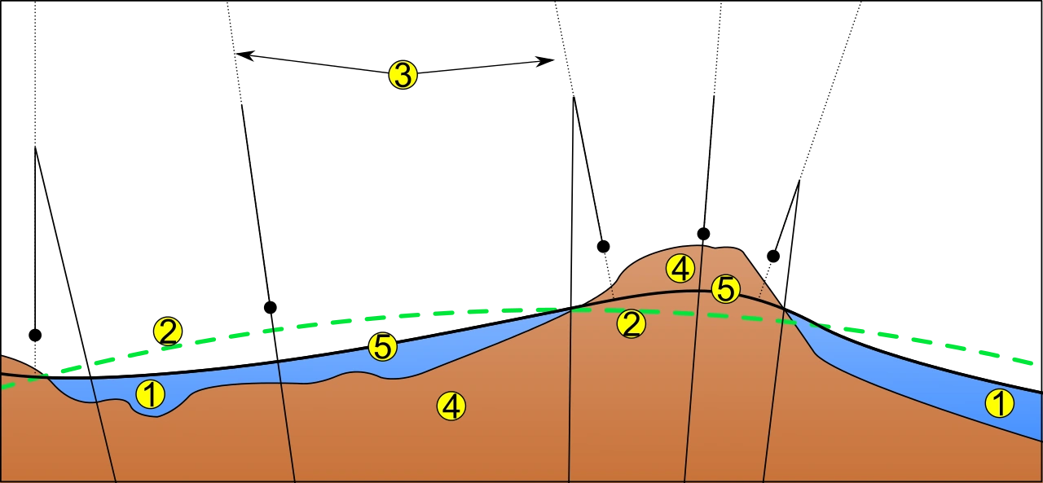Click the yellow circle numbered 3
click(403, 75)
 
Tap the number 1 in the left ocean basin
click(150, 394)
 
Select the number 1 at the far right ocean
click(999, 403)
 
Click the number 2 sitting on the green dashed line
click(167, 332)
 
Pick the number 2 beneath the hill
click(631, 323)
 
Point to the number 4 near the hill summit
click(680, 267)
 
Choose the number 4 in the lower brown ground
click(451, 406)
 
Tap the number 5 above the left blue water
click(382, 347)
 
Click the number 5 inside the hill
click(725, 288)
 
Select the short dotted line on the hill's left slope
click(612, 291)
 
